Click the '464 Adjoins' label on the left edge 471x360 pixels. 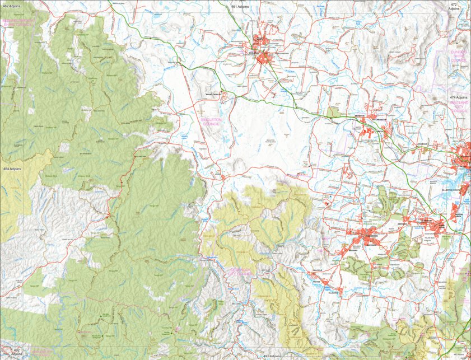(x=12, y=169)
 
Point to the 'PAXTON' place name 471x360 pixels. (x=317, y=282)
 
